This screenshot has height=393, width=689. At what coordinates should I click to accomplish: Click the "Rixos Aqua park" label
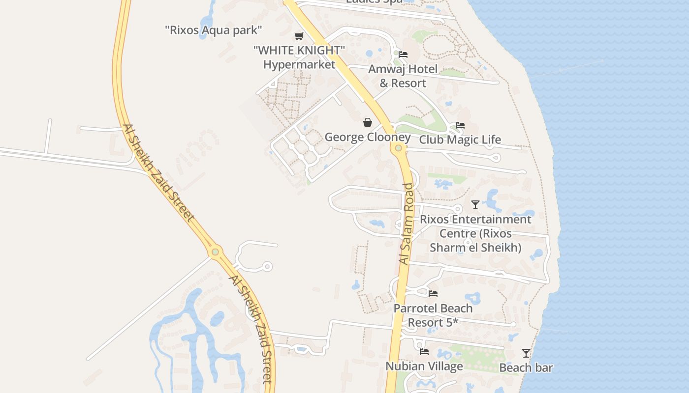pos(213,30)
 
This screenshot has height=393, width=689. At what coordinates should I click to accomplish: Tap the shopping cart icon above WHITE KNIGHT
pos(299,36)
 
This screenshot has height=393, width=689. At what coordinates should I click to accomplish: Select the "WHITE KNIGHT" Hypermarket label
pos(299,57)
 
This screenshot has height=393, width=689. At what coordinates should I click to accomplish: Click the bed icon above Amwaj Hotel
pos(403,54)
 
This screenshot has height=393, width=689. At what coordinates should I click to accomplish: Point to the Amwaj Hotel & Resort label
pos(403,76)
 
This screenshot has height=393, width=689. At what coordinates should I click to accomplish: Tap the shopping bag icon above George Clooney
pos(368,122)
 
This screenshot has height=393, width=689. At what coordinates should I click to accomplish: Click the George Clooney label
pos(368,137)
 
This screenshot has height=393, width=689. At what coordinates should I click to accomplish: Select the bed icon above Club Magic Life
pos(460,125)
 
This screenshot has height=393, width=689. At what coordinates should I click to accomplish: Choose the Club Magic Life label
pos(460,140)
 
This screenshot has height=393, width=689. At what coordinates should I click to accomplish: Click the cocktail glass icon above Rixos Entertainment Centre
pos(475,205)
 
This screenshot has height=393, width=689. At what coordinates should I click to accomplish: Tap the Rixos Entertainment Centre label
pos(475,233)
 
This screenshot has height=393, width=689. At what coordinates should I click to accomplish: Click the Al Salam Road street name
pos(406,224)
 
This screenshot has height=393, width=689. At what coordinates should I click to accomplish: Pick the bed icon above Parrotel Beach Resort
pos(433,294)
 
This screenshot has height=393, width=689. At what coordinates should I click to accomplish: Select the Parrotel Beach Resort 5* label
pos(433,315)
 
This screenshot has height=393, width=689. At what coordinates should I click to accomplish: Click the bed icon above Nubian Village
pos(424,352)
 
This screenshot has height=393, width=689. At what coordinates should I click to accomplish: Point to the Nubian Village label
pos(424,366)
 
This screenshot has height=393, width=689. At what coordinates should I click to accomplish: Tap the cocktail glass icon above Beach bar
pos(526,353)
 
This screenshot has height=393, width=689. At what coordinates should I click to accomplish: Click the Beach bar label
pos(526,367)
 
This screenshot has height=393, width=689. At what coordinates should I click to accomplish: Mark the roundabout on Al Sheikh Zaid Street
pos(215,252)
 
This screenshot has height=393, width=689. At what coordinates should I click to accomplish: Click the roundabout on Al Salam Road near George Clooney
pos(398,147)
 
